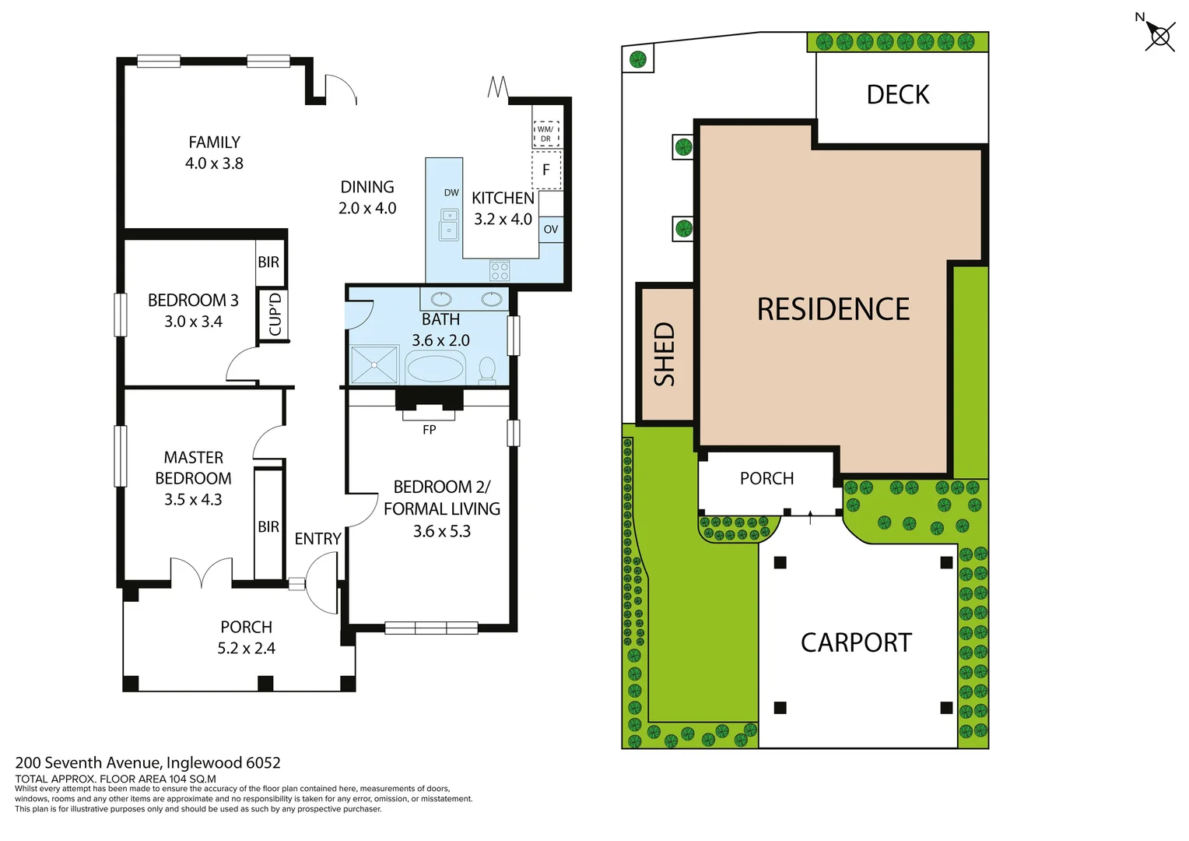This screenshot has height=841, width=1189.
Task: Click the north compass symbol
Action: click(x=1159, y=36)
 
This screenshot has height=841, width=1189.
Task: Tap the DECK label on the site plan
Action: click(x=898, y=95)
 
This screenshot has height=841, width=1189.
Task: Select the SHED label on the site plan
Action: click(x=664, y=354)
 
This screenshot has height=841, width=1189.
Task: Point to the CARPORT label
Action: click(x=856, y=642)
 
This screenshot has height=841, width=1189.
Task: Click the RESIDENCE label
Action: click(x=833, y=309)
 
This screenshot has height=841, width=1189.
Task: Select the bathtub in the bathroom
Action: click(x=435, y=368)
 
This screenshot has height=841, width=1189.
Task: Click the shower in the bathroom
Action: click(x=374, y=365)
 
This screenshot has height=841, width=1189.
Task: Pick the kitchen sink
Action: click(x=449, y=224)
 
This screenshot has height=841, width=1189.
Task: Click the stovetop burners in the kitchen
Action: click(x=500, y=270)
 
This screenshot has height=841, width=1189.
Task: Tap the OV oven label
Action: click(x=551, y=230)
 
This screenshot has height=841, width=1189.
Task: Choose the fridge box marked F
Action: click(x=546, y=170)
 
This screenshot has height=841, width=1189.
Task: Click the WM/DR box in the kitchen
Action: click(x=545, y=134)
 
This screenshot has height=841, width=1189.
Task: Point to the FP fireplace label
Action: click(x=429, y=430)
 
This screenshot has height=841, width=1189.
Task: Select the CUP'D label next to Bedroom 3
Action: click(x=274, y=315)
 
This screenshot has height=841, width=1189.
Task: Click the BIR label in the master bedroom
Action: click(x=268, y=527)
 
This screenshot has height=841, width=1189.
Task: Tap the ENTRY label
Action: click(x=317, y=539)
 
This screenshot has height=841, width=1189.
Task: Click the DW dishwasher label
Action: click(x=451, y=192)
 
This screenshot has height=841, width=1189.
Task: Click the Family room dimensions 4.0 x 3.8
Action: click(x=214, y=164)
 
